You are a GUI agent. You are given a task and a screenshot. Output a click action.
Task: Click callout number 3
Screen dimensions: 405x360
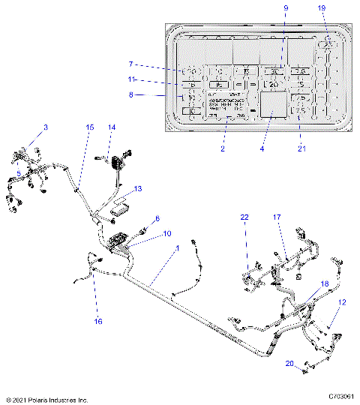[x=45, y=128]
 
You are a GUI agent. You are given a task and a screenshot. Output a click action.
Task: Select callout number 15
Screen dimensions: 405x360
[x=89, y=128]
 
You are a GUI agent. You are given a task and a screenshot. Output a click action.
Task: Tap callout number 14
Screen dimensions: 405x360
[x=111, y=128]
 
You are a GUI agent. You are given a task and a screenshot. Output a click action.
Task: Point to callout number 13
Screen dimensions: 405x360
[x=136, y=190]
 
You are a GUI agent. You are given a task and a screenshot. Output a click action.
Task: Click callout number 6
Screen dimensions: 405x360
[x=157, y=218]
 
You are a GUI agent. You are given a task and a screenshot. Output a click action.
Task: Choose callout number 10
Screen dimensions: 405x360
[x=166, y=234]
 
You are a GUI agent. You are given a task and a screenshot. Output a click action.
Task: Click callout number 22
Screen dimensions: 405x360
[x=244, y=217]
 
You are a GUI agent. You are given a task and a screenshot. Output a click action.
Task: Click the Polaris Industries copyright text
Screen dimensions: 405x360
[x=47, y=400]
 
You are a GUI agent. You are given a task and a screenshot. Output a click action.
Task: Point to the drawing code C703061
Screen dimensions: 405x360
[x=340, y=398]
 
